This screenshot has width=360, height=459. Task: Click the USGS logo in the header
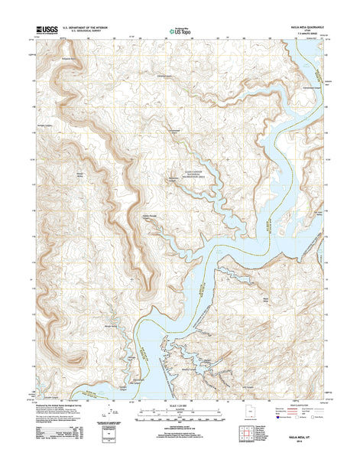[x=45, y=31]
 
